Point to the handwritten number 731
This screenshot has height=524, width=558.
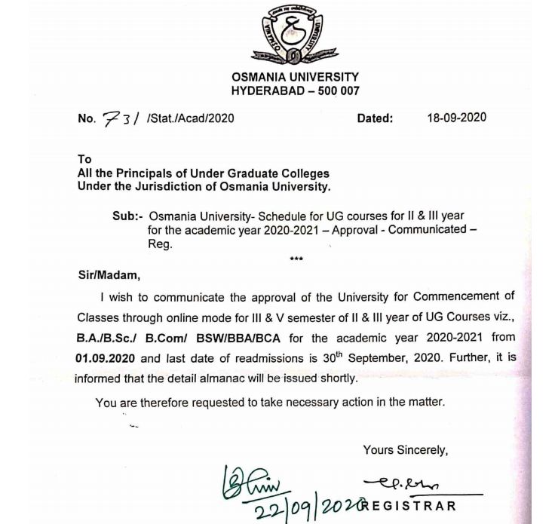[121, 118]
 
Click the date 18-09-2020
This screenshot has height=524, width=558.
[456, 118]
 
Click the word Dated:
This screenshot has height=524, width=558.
[375, 118]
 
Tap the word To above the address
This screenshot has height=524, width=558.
[84, 159]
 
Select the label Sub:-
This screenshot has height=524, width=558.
[127, 216]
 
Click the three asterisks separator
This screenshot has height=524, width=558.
[296, 259]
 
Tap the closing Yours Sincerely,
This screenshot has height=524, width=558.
[405, 450]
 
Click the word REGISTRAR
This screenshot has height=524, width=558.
[412, 505]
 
